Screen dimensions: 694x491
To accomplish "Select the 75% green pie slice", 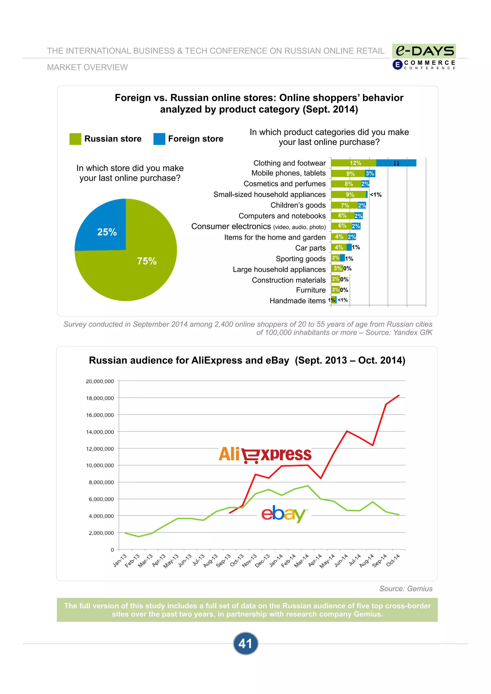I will click(142, 266).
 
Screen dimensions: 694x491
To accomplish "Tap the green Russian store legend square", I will click(75, 139).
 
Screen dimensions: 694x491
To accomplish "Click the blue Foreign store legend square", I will click(159, 139).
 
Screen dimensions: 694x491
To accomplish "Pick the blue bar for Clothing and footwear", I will click(396, 163).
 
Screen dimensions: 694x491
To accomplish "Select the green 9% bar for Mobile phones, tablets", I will click(348, 173).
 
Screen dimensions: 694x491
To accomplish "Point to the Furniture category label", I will click(311, 290).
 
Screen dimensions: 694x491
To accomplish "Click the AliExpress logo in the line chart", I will click(265, 455).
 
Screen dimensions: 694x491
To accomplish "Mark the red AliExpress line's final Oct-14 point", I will click(399, 395).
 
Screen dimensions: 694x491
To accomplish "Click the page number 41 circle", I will click(245, 643).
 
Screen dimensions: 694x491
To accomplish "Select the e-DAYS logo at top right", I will click(424, 51).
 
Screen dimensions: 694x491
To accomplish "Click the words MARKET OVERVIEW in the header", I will click(88, 67).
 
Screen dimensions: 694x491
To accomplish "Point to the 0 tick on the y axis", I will click(112, 550).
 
